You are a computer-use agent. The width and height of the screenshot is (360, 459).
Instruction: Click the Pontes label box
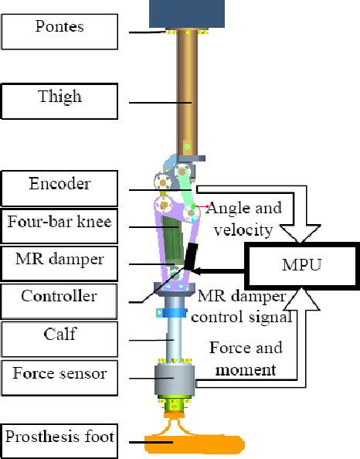pos(60,29)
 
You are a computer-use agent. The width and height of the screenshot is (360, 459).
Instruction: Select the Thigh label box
pos(60,98)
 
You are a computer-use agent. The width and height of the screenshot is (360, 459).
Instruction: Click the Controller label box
pos(59,297)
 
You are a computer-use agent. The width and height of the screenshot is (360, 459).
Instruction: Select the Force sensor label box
pos(60,376)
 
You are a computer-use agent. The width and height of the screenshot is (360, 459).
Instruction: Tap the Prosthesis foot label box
pos(60,437)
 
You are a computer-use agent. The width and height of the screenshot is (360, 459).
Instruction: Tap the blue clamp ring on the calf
pos(176,314)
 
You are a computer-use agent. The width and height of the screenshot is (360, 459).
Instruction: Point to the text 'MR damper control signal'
pos(243,307)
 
